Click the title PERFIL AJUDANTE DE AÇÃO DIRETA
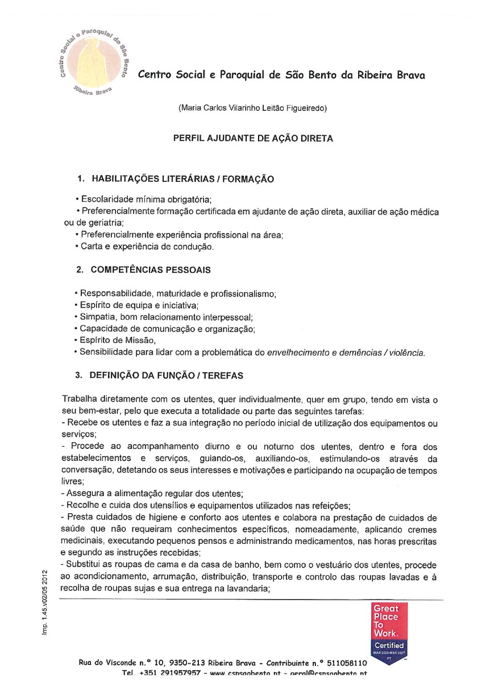click(253, 138)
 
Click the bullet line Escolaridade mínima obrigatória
click(144, 199)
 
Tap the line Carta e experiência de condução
click(146, 247)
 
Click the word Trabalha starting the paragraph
click(79, 400)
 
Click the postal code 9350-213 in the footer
click(182, 663)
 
